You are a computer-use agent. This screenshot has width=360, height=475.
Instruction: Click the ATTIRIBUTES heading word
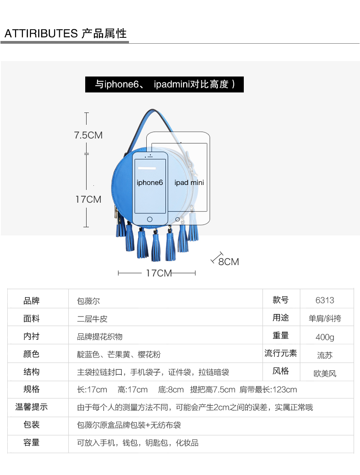pos(41,34)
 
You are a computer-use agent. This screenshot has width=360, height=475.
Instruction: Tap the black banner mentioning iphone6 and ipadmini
pos(164,84)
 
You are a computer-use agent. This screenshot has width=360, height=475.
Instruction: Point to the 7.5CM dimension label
pos(88,135)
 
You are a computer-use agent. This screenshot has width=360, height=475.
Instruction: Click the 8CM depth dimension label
pos(228,261)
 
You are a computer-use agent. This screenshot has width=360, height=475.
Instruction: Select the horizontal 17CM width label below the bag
pos(159,273)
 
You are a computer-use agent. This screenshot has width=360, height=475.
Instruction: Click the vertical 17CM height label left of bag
pos(88,199)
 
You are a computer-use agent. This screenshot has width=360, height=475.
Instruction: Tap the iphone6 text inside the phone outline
pos(149,183)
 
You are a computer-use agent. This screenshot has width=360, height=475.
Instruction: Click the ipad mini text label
pos(189,183)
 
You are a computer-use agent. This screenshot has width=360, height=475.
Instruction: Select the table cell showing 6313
pos(324,300)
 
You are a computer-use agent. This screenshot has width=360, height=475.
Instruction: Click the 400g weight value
pos(324,337)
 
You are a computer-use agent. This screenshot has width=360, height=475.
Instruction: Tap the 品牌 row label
pos(31,301)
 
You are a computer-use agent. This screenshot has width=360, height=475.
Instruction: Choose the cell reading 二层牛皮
pos(92,319)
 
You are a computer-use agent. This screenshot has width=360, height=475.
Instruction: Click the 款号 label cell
pos(281,300)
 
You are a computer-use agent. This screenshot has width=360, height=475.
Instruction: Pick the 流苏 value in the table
pos(324,355)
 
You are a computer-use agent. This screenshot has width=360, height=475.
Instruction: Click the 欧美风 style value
pos(324,373)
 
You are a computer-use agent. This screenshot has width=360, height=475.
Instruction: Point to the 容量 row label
pos(31,443)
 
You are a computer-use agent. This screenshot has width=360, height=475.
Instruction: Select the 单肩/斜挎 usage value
pos(324,319)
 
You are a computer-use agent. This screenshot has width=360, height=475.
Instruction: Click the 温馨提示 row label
pos(31,407)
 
